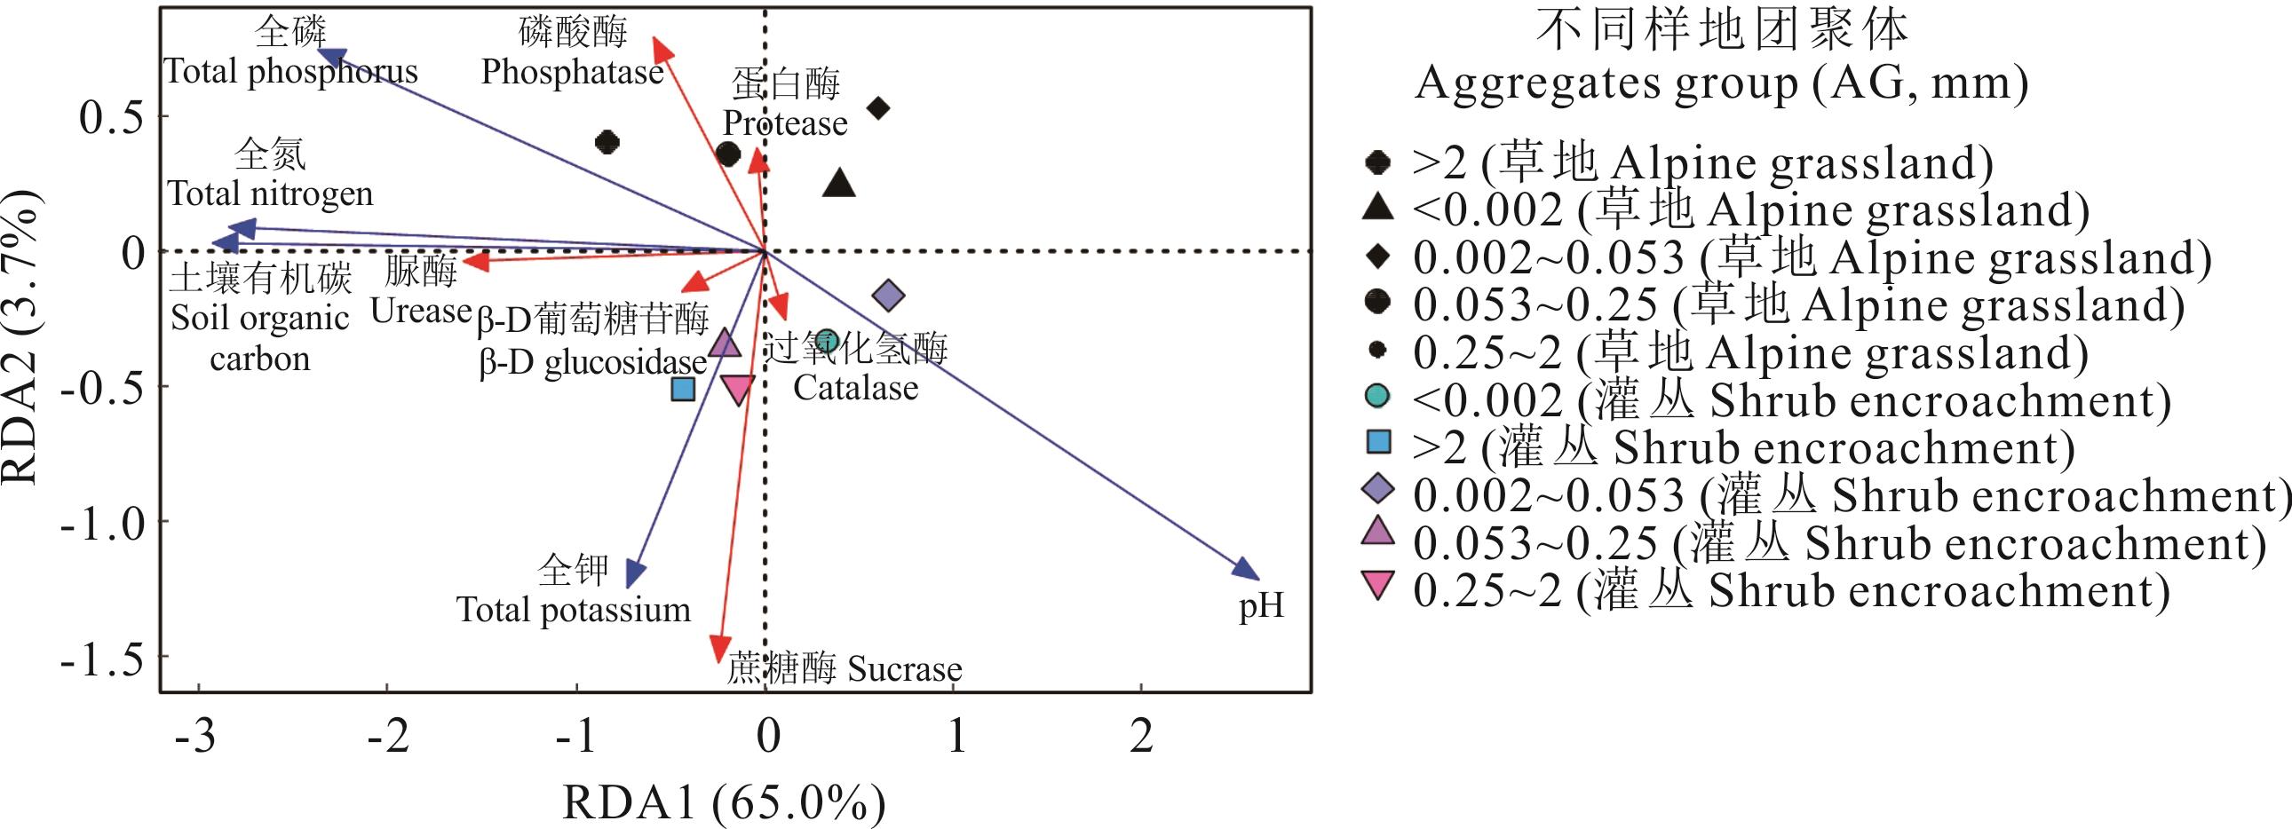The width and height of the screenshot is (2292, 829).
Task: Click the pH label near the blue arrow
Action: (x=1261, y=606)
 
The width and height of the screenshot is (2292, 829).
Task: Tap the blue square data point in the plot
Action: (x=682, y=389)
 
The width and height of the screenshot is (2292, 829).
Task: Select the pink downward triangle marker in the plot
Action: (x=738, y=389)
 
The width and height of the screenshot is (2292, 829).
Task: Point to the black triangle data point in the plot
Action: (x=839, y=184)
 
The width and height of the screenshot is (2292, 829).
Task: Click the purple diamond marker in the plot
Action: (x=888, y=296)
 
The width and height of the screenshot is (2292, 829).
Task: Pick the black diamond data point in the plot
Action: (x=878, y=108)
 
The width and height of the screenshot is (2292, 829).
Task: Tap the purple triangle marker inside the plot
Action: (x=726, y=343)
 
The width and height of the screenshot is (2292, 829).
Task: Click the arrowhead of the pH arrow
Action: (x=1249, y=572)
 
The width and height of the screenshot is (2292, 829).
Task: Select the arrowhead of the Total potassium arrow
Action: (x=633, y=576)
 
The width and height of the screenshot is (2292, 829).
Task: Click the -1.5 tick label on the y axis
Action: (x=101, y=659)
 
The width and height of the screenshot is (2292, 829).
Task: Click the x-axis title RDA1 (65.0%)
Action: (x=724, y=803)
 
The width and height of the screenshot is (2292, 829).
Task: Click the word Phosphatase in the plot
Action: (x=572, y=72)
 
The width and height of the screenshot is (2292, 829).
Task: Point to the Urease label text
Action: (x=420, y=311)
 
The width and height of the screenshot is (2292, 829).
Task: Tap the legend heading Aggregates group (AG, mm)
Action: (x=1721, y=83)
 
